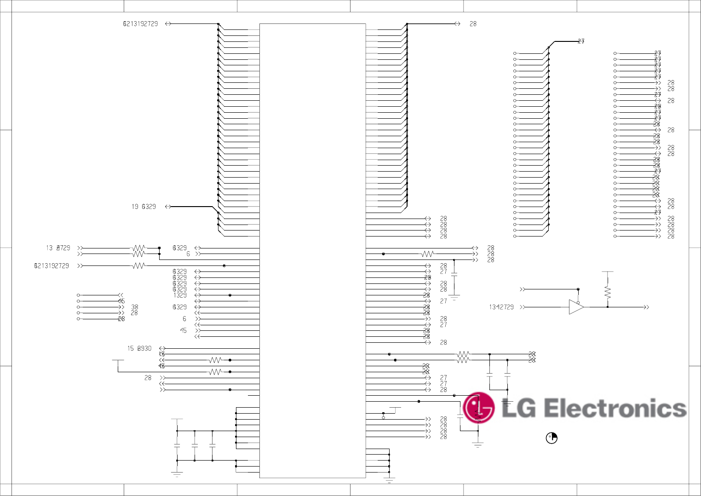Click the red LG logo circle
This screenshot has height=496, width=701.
click(x=478, y=408)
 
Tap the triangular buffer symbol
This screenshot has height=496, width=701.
click(x=576, y=307)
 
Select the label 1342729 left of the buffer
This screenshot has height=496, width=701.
click(x=501, y=307)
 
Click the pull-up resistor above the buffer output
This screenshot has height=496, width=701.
click(x=608, y=292)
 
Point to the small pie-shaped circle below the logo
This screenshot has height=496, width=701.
click(x=552, y=438)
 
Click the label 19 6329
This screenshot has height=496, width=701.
click(x=144, y=207)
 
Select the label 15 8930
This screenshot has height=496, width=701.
click(x=139, y=348)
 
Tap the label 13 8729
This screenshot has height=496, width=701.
click(x=58, y=248)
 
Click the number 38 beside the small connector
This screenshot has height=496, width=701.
click(x=134, y=307)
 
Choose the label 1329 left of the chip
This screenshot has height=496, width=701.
click(x=180, y=295)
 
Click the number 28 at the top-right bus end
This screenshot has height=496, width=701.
click(x=473, y=23)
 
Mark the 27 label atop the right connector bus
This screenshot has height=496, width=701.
click(x=581, y=41)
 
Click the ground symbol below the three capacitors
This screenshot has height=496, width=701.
click(x=177, y=473)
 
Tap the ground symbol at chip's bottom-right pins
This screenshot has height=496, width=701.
click(x=389, y=480)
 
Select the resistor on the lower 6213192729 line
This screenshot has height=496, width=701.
click(x=138, y=265)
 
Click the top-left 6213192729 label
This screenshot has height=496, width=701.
click(x=140, y=23)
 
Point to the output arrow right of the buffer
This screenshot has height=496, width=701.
click(x=646, y=307)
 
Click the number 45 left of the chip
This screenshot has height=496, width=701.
click(x=183, y=330)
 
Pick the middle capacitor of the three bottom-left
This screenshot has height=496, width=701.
click(x=195, y=445)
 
